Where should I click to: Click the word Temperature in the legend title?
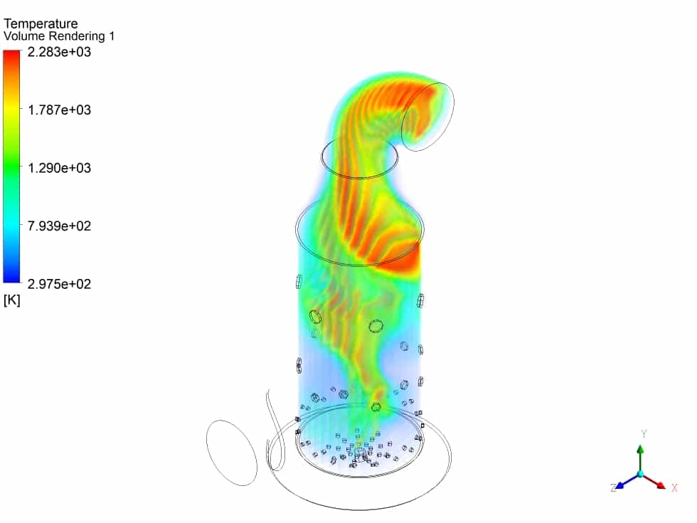41,23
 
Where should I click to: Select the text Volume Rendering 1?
58,36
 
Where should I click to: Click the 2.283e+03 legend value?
59,52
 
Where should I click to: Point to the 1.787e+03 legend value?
59,110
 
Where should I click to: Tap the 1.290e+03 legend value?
59,168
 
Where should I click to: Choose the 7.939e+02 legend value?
59,226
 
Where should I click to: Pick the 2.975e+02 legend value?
59,284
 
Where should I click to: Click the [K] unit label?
12,300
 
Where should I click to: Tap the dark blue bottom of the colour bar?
11,278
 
